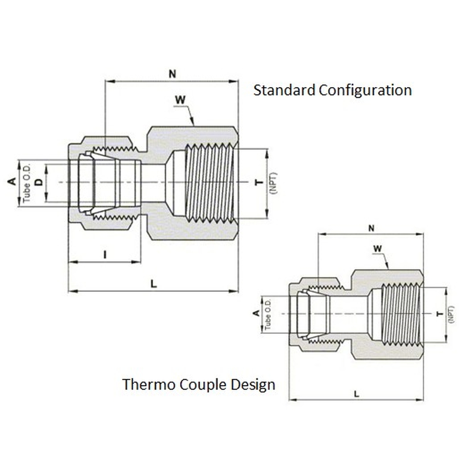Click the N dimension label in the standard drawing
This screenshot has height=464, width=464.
point(172,73)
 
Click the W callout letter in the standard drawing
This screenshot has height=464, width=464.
point(180,100)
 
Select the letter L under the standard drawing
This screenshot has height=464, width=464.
point(154,284)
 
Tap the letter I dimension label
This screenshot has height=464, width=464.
point(105,254)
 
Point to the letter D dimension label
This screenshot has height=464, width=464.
point(39,182)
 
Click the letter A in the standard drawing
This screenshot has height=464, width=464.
point(12,181)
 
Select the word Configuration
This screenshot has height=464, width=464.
point(365,90)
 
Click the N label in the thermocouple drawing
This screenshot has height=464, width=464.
point(371,228)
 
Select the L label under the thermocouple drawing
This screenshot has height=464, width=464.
point(357,394)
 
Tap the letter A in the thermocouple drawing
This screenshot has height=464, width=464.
point(256,313)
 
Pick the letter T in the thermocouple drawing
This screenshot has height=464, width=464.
point(440,314)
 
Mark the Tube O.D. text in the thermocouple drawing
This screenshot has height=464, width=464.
point(268,314)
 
